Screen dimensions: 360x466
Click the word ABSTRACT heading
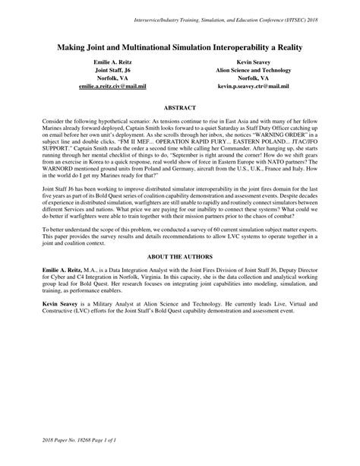coord(180,109)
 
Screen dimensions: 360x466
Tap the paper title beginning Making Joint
coord(180,47)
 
